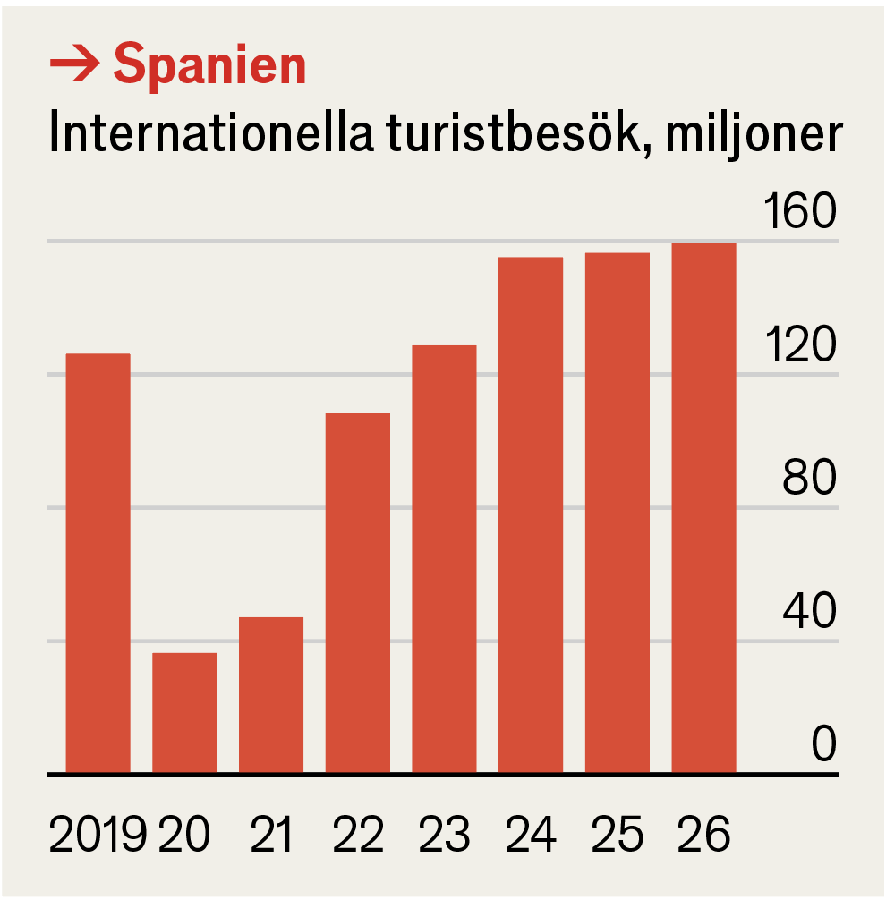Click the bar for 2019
point(98,564)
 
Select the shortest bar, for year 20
point(184,713)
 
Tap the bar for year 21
point(271,695)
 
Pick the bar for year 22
point(358,593)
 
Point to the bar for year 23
point(444,559)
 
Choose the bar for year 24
point(531,515)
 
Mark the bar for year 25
point(618,514)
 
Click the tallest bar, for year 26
point(703,508)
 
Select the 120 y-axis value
point(798,346)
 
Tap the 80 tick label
point(809,480)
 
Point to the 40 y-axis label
point(809,613)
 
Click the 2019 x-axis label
point(98,835)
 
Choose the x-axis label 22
point(358,835)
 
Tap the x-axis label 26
point(704,835)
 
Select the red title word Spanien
point(210,64)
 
